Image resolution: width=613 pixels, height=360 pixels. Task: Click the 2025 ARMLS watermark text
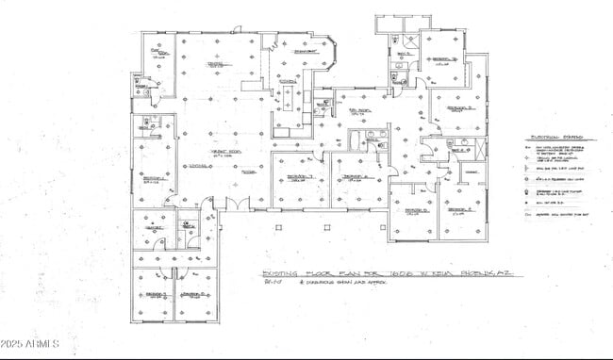(30, 342)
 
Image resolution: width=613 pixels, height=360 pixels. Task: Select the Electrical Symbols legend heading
(554, 137)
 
